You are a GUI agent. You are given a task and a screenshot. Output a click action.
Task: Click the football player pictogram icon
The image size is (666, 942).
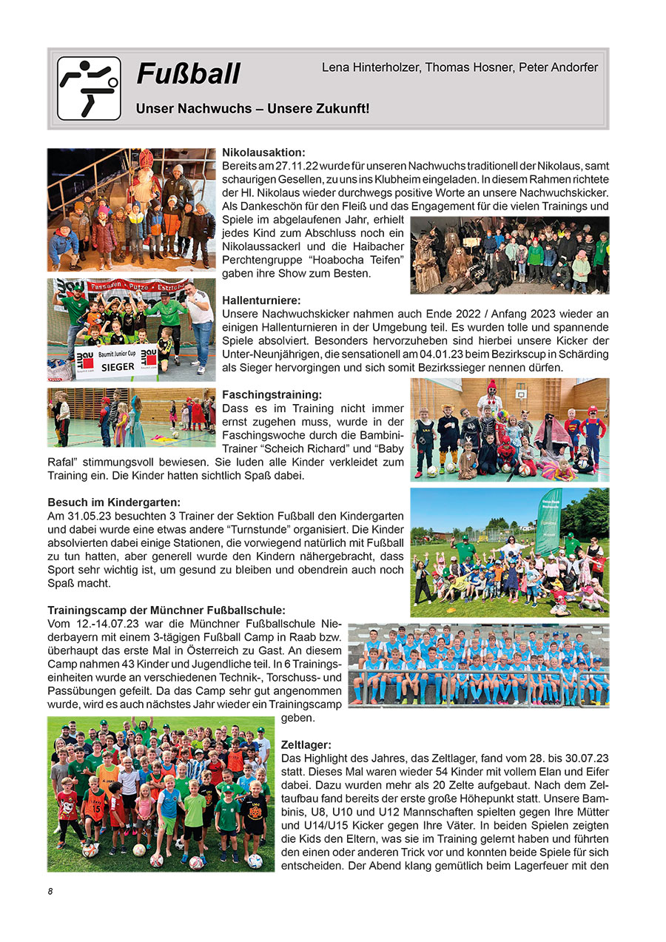pos(89,88)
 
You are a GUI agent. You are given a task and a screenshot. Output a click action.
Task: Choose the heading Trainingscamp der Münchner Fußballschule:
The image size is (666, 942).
pos(166,610)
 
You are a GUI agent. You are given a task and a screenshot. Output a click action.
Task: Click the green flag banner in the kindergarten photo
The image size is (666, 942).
pos(548,521)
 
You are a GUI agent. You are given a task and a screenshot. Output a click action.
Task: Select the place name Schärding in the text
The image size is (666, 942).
pos(583,354)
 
